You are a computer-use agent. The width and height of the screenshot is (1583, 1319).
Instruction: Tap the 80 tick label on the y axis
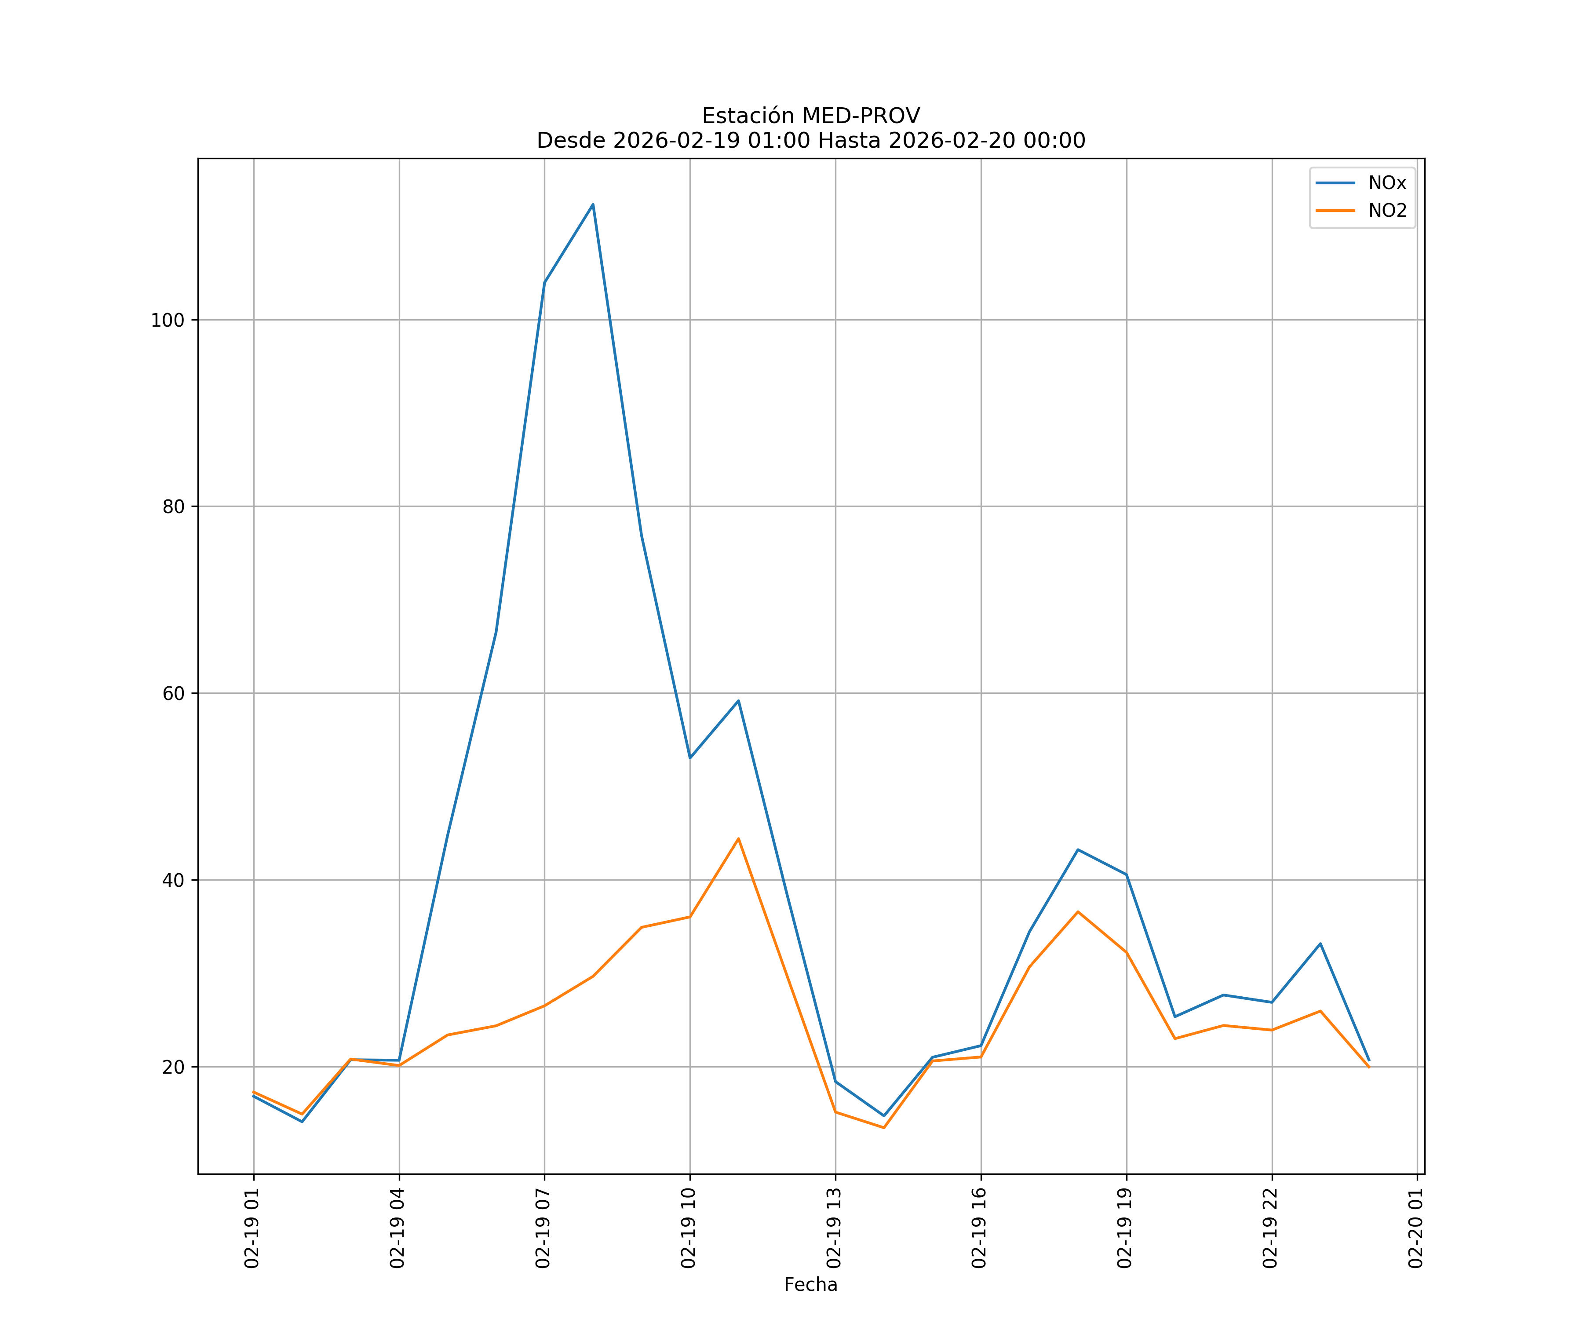173,506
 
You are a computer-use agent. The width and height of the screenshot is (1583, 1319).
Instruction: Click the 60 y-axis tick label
173,693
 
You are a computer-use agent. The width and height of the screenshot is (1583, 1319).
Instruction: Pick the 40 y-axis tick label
173,880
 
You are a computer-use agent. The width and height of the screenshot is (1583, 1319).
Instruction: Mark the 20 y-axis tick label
173,1067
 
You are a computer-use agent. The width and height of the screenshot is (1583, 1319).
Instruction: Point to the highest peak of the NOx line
593,204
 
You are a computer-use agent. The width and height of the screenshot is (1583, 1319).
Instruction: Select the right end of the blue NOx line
1369,1060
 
